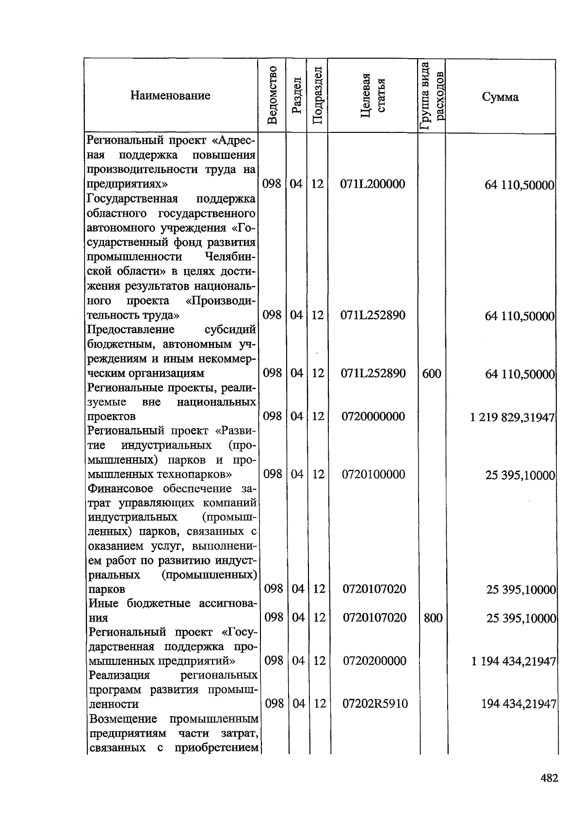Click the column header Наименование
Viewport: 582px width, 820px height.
click(170, 96)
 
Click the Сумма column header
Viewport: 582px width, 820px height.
click(500, 97)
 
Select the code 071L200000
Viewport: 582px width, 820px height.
click(372, 184)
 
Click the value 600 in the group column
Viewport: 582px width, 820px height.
click(432, 373)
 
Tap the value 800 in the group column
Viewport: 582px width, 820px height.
click(433, 618)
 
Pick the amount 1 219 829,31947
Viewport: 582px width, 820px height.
click(512, 417)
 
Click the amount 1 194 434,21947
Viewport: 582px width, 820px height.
click(513, 661)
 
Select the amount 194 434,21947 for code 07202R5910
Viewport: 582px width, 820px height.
click(518, 704)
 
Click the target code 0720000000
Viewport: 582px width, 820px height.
click(373, 417)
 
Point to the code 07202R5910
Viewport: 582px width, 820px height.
click(375, 704)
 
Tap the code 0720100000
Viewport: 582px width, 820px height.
click(373, 474)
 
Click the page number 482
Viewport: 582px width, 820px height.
click(549, 778)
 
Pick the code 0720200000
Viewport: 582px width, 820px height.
click(374, 661)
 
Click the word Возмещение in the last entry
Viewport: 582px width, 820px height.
click(123, 718)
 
